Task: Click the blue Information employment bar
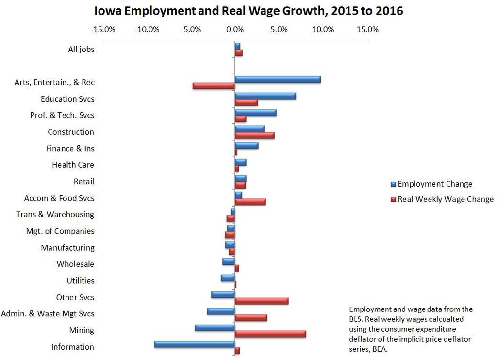194,344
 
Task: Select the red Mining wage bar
270,334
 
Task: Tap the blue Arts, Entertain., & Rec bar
278,79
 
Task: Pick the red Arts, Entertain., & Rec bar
214,86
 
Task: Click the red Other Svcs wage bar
262,301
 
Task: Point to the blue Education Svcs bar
265,96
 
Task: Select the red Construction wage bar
254,136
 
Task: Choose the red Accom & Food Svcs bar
250,202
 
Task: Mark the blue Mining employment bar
215,327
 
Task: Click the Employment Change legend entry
434,184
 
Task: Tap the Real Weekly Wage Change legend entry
445,199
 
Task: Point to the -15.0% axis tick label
103,30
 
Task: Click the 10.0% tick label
323,30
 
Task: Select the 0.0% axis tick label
235,30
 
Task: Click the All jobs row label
81,49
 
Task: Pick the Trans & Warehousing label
55,214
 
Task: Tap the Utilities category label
81,281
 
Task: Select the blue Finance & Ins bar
246,145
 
